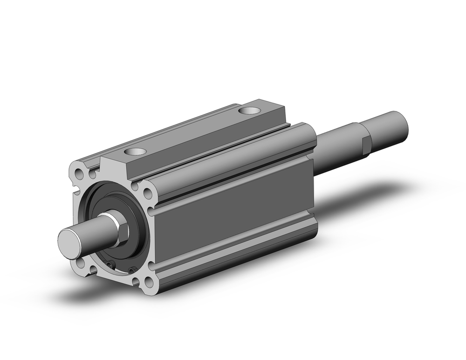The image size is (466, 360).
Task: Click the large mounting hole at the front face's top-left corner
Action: pos(79,173)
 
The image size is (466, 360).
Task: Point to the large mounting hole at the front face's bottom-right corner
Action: pos(149,282)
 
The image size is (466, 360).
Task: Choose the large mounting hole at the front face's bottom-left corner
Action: pos(80,263)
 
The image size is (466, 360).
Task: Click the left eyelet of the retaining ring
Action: pos(110,264)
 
